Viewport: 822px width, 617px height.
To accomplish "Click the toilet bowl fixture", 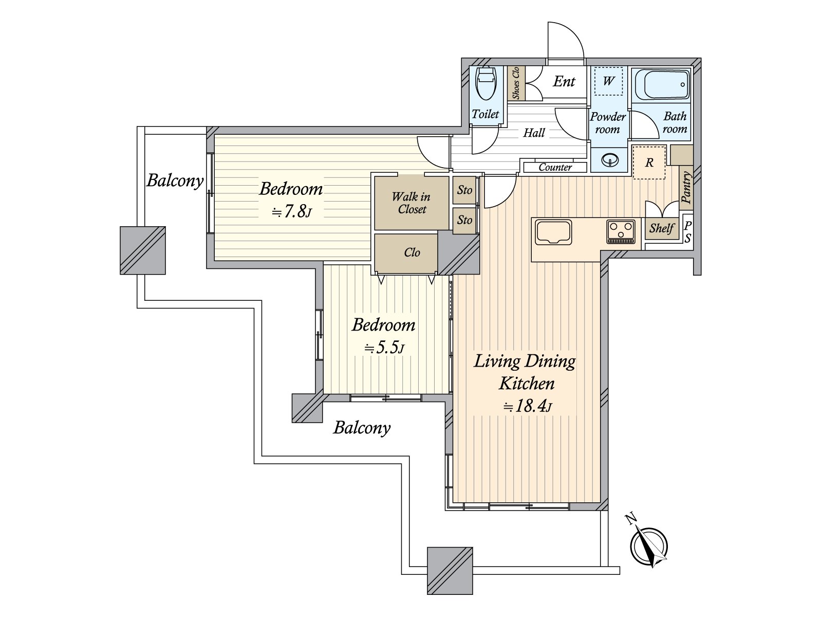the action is [x=485, y=83].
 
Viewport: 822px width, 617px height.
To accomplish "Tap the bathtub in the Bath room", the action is [x=662, y=85].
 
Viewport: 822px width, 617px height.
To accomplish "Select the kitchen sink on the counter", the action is [x=553, y=232].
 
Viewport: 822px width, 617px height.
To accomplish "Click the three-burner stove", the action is [x=621, y=231].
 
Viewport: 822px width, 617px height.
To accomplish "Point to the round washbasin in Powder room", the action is [x=609, y=160].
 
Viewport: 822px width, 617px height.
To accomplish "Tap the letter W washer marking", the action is [x=609, y=81].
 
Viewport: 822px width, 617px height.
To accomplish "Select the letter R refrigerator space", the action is [x=649, y=162].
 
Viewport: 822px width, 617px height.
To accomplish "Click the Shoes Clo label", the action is [x=516, y=83].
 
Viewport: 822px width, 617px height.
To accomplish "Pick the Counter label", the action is [x=555, y=168].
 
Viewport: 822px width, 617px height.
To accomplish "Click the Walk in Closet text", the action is [x=411, y=203].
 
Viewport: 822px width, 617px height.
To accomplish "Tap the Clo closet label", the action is [x=412, y=252].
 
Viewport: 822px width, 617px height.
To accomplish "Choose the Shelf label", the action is [x=662, y=228].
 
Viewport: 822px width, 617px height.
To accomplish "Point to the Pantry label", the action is [x=686, y=187].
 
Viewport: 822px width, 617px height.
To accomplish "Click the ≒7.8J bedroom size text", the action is [x=291, y=212].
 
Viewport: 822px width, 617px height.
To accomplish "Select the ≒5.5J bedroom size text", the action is [x=384, y=348].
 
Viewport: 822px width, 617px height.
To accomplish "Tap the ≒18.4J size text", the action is [x=528, y=406].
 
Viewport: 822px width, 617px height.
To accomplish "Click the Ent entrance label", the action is [x=564, y=81].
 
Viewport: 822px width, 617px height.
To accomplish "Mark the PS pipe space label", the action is [x=687, y=232].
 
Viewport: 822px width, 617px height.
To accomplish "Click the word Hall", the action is [x=534, y=133].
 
